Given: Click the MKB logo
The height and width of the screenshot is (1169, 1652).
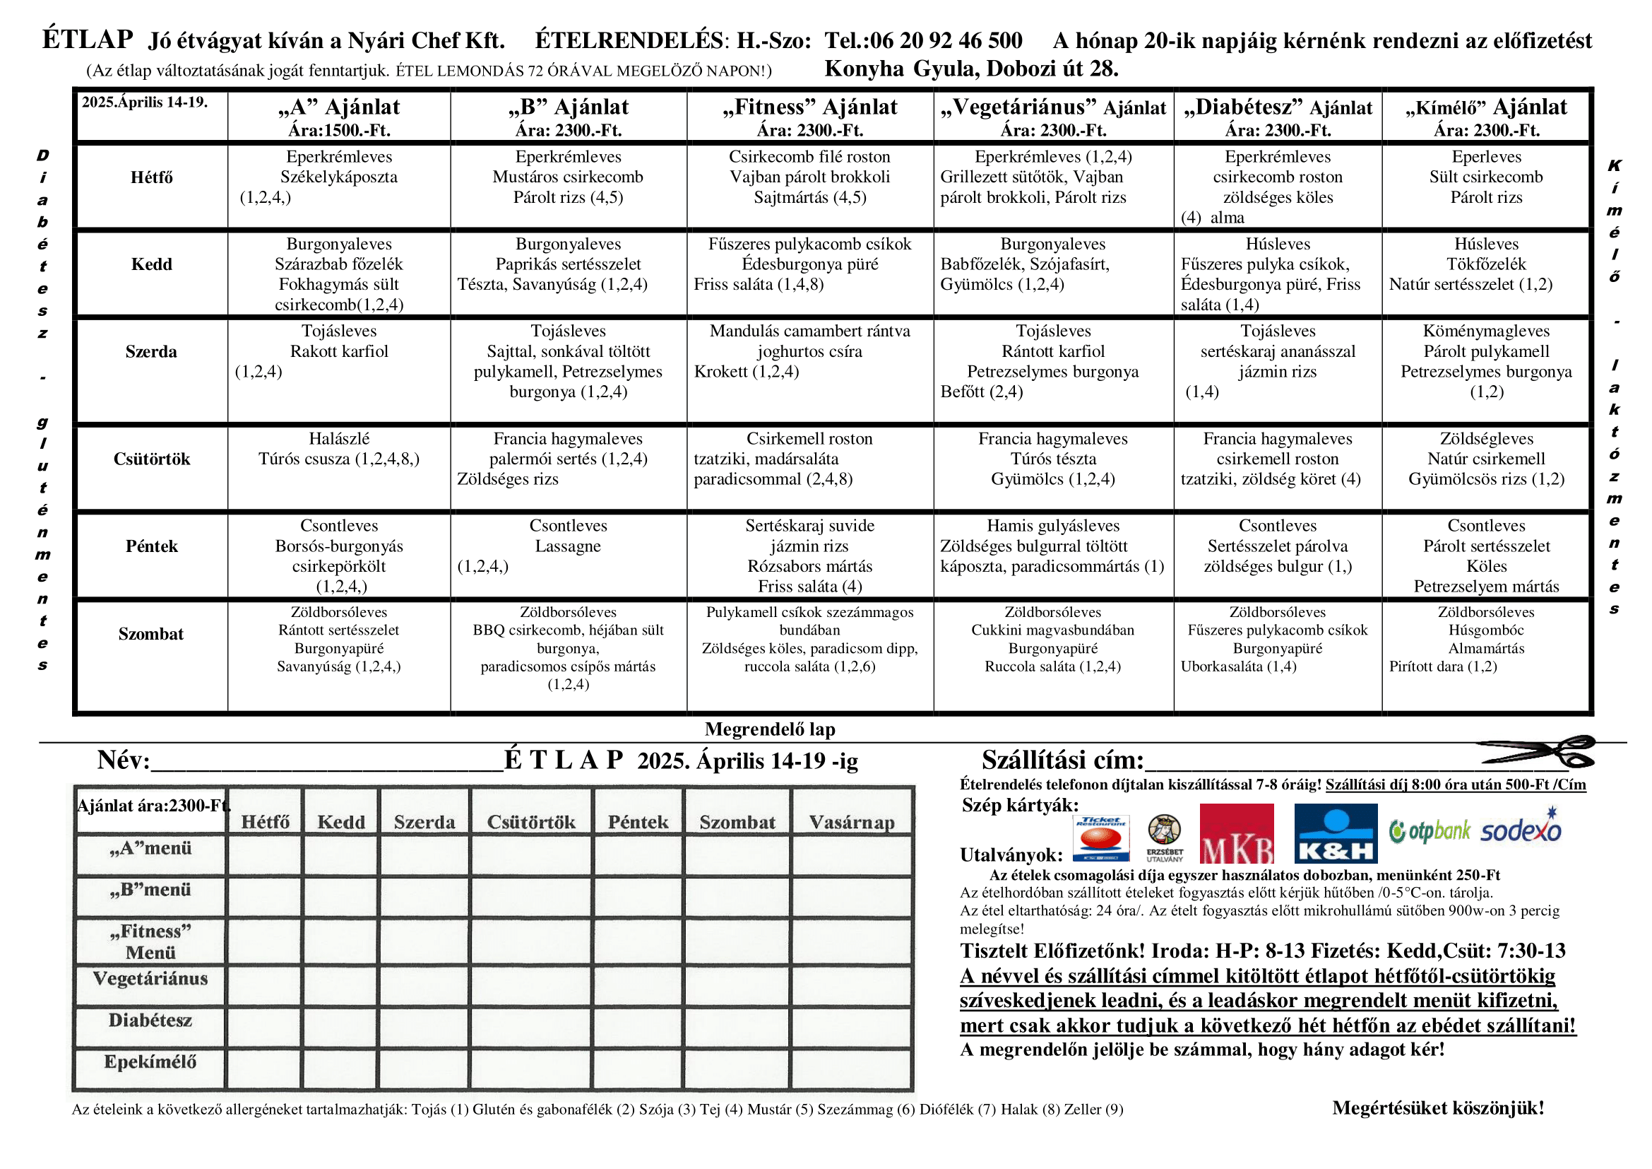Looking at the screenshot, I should click(x=1236, y=833).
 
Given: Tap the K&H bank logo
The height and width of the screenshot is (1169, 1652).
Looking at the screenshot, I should click(x=1336, y=833).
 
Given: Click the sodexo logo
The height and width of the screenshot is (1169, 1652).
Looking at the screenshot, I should click(x=1521, y=830).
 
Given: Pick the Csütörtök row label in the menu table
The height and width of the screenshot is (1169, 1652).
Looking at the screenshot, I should click(x=152, y=459).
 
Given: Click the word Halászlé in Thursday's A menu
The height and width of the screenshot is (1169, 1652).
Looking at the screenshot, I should click(x=339, y=438).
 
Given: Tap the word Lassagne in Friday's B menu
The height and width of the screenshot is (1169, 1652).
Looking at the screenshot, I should click(x=568, y=546).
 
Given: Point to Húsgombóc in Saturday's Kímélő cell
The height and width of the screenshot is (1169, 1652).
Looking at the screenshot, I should click(x=1486, y=630).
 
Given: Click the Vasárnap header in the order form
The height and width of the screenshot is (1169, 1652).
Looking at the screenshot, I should click(x=852, y=822).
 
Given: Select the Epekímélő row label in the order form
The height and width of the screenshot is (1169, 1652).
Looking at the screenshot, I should click(x=150, y=1062).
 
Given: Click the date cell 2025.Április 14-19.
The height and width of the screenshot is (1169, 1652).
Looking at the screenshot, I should click(x=145, y=102).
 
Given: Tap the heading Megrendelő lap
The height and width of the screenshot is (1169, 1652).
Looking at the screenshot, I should click(x=770, y=729).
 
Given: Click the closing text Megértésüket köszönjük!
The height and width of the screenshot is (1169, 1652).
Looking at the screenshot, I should click(x=1437, y=1108).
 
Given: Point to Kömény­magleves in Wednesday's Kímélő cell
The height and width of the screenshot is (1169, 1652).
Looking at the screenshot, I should click(x=1486, y=331).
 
